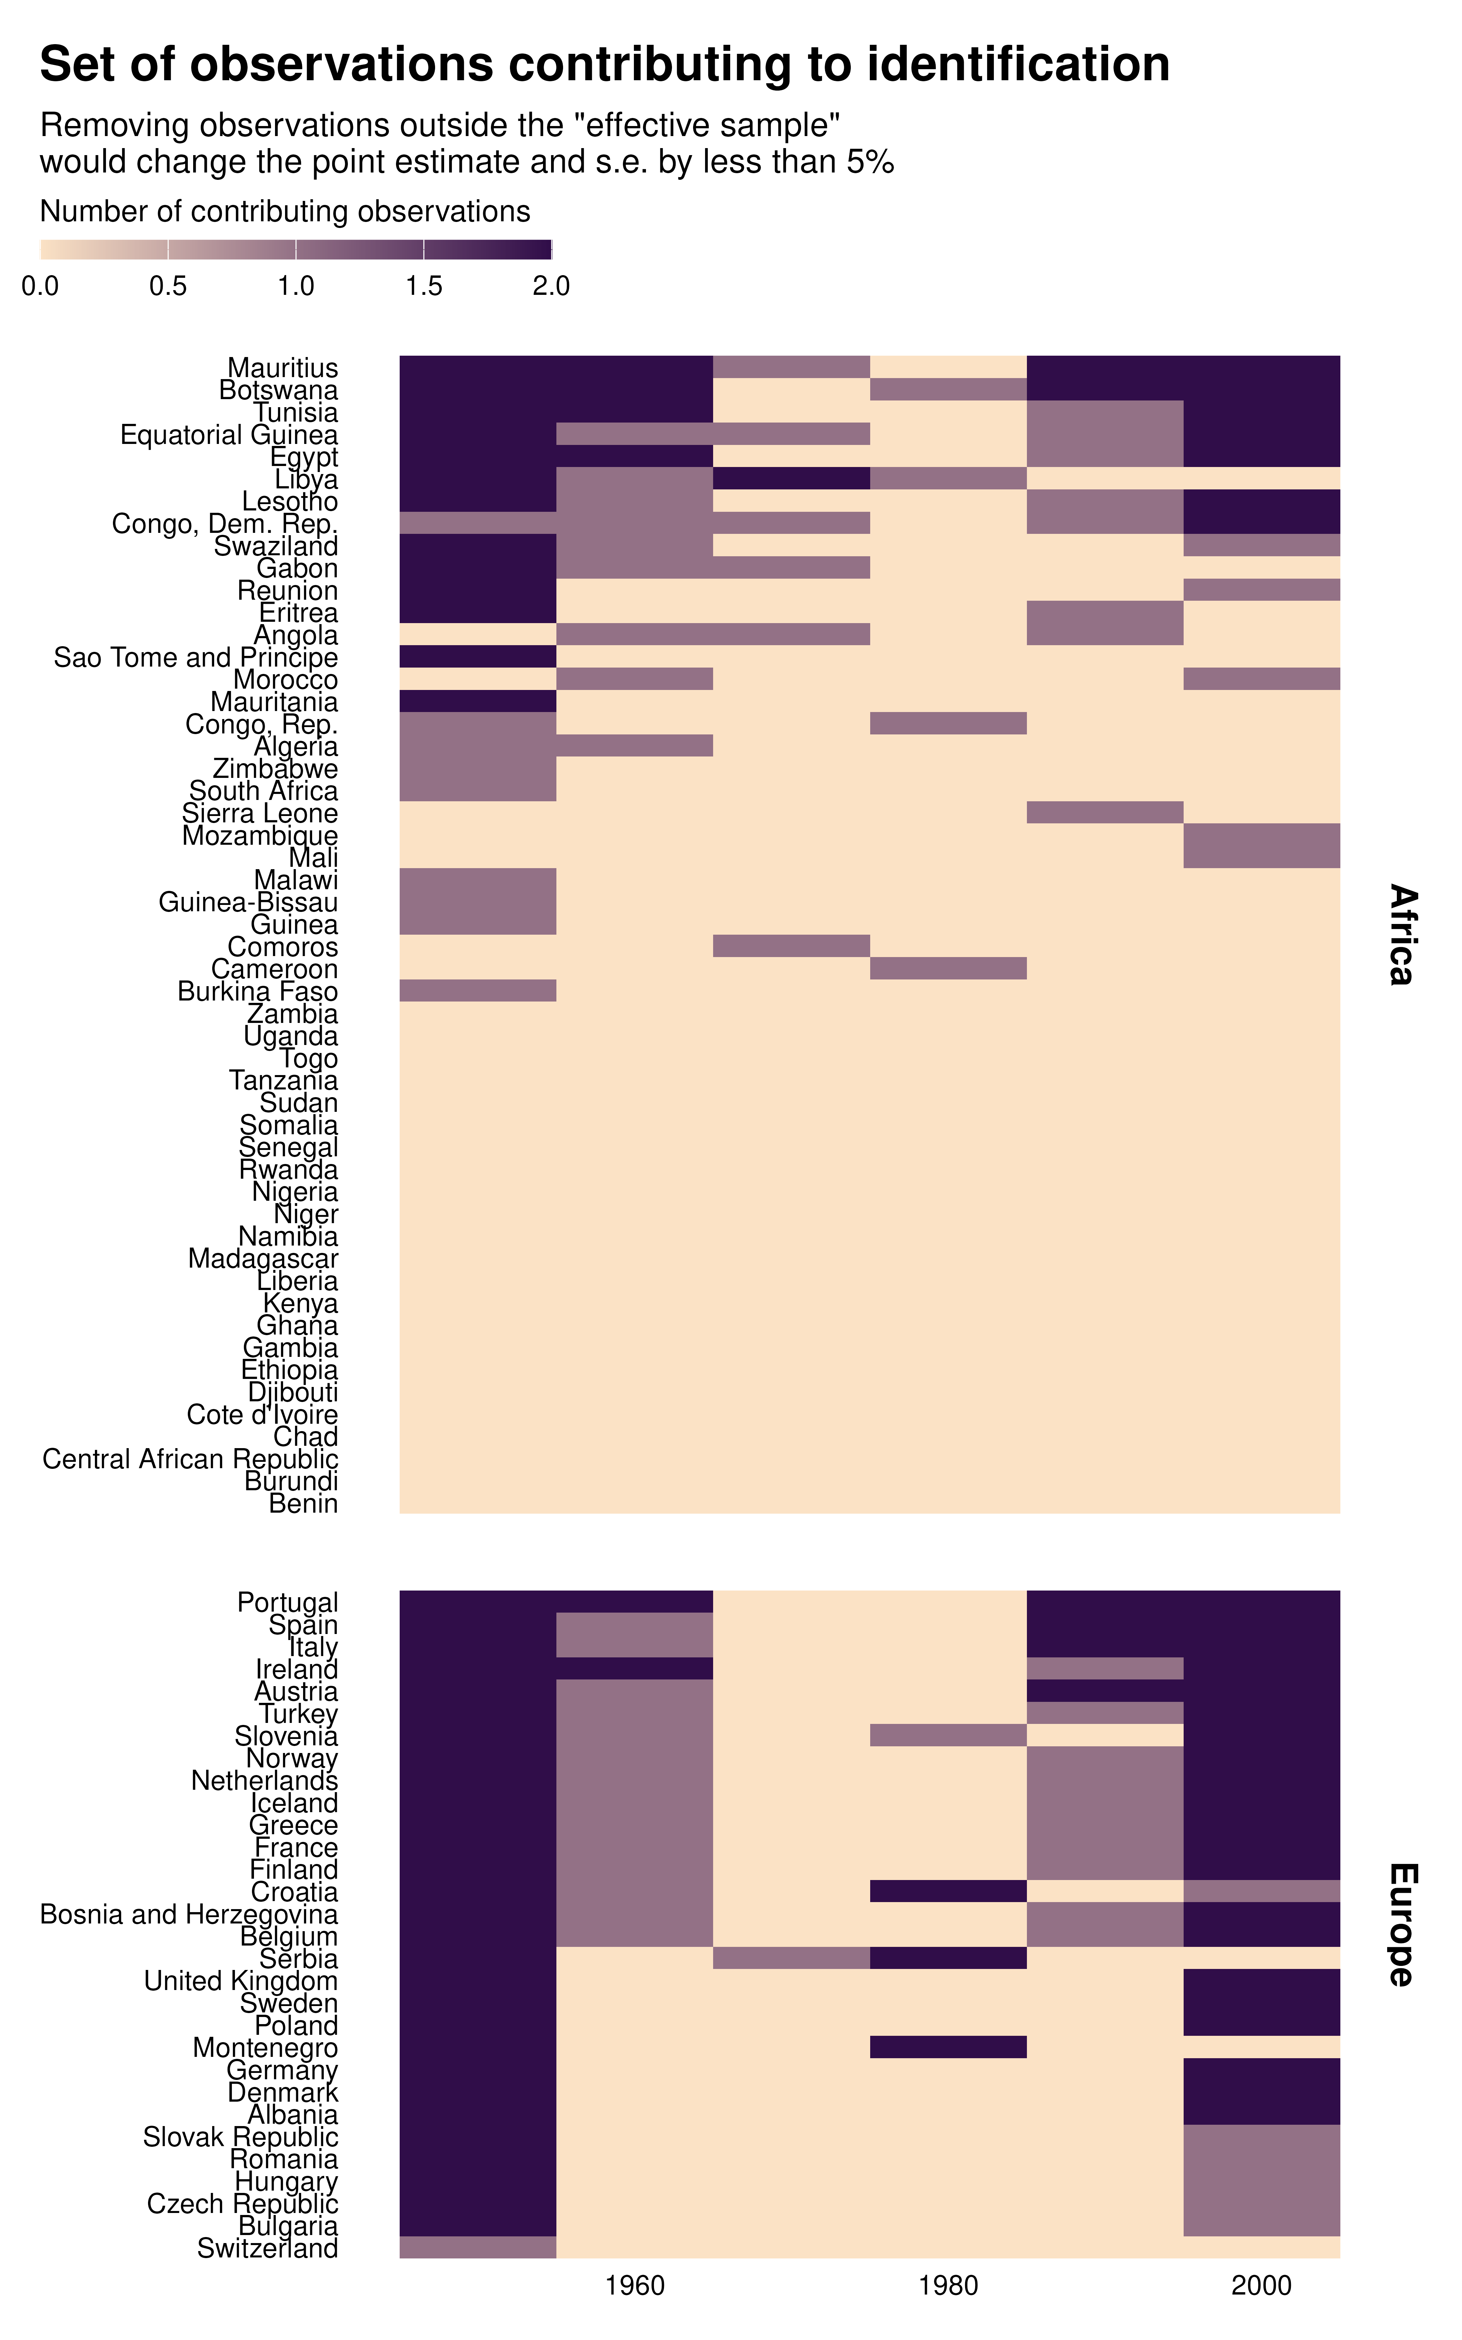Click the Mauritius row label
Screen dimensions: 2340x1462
[282, 368]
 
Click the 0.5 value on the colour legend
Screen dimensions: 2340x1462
[168, 286]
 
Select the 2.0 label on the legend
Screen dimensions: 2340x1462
[551, 286]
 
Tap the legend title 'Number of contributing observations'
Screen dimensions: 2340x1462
[285, 212]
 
